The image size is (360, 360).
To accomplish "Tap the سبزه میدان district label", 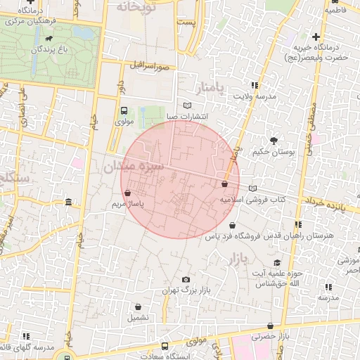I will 134,167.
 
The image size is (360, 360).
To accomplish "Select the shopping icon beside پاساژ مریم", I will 127,192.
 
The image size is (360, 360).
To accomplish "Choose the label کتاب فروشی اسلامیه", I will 252,200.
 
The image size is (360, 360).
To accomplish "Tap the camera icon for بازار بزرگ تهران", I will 186,279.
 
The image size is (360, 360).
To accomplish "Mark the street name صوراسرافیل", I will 150,67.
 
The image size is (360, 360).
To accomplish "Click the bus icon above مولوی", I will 124,110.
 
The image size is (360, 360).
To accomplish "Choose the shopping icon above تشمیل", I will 137,307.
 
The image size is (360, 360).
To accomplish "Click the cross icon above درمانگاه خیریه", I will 316,37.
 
